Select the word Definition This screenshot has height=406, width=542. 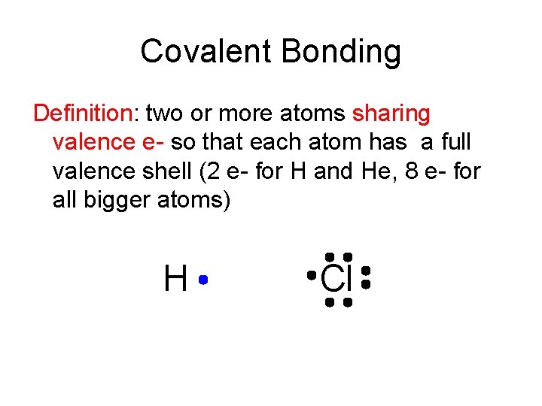(82, 114)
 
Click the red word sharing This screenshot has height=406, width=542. (391, 114)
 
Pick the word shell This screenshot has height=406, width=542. (170, 172)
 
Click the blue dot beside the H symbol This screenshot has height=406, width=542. (203, 280)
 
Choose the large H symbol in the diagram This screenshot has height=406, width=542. (175, 280)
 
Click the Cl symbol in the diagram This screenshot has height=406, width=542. (336, 279)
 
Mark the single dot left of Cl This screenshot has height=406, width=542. (311, 276)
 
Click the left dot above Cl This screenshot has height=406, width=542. (330, 256)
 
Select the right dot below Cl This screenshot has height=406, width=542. (348, 302)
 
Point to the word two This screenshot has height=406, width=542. (163, 114)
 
